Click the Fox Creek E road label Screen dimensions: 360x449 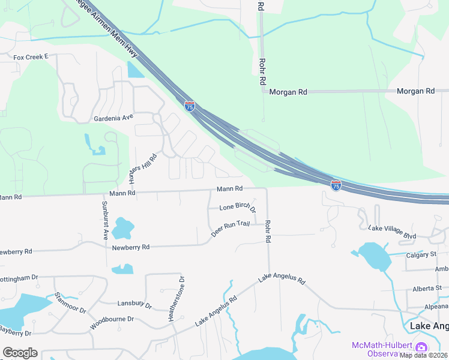tap(30, 58)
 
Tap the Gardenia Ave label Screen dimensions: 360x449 tap(113, 118)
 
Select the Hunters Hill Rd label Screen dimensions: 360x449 tap(144, 169)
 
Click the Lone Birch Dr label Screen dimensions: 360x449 tap(238, 208)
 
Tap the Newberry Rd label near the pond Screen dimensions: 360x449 tap(130, 247)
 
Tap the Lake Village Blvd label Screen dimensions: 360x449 tap(392, 232)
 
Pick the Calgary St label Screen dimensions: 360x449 tap(420, 254)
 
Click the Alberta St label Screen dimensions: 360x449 tap(427, 289)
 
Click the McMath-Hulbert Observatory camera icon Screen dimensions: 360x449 tap(421, 347)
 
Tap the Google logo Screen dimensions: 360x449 tap(20, 353)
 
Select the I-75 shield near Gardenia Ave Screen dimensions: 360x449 tap(190, 106)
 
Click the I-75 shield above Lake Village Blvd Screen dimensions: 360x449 tap(336, 185)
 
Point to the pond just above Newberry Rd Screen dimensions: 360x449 tap(122, 228)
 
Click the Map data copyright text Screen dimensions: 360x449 tap(424, 355)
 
